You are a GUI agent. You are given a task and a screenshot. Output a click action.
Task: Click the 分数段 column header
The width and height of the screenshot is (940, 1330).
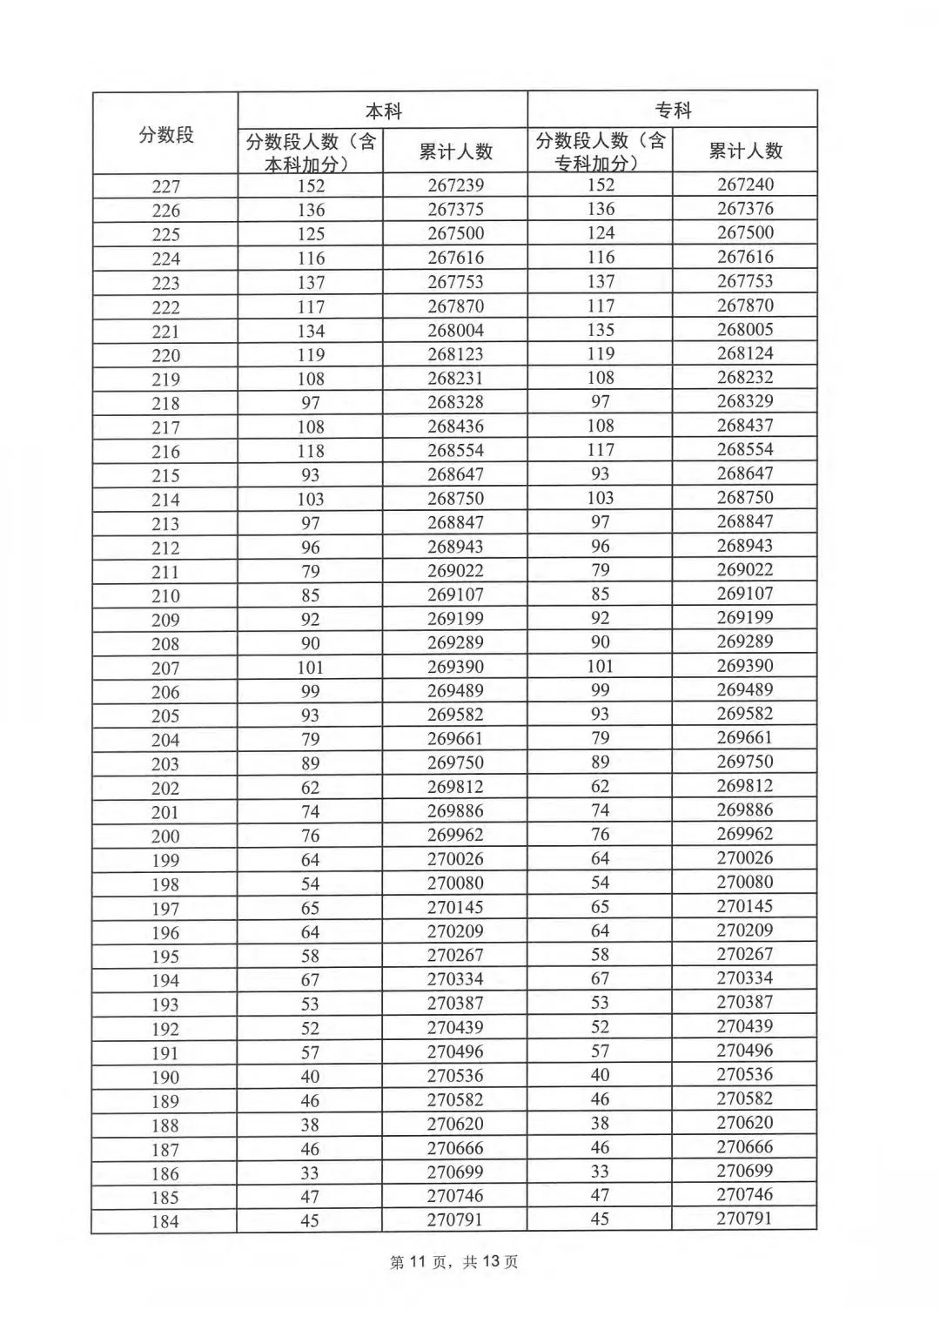coord(165,134)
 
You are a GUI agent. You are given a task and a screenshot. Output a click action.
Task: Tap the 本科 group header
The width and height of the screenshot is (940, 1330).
coord(383,111)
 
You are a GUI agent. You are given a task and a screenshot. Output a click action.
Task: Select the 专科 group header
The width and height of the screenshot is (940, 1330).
coord(673,110)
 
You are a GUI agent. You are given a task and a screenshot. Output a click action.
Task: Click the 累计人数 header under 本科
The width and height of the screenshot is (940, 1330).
coord(455,151)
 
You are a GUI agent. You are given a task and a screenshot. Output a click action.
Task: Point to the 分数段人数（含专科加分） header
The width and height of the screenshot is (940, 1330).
coord(600,151)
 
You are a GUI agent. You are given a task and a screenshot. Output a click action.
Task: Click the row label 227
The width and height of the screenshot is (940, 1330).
coord(165,186)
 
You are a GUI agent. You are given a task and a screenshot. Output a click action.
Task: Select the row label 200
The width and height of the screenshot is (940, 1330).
coord(165,836)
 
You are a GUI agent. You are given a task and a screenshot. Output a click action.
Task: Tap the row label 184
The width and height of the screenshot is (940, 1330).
coord(164,1221)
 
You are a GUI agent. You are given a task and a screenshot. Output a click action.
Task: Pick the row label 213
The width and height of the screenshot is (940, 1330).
coord(165,524)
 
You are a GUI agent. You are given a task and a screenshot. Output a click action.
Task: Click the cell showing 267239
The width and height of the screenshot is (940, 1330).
coord(455,185)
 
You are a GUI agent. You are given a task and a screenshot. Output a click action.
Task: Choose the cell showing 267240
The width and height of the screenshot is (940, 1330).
coord(745,185)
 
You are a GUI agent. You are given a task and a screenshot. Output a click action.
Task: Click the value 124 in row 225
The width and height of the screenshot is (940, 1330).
coord(600,233)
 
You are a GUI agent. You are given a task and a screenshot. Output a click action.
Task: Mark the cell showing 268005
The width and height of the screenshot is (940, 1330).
coord(745,329)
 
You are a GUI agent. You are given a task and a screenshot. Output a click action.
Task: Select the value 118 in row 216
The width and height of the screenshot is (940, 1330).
coord(310,451)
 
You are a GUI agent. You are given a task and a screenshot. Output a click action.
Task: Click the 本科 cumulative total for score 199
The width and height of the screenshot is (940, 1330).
coord(455,859)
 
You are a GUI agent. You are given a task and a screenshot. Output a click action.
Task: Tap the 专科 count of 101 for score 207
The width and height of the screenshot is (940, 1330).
coord(600,666)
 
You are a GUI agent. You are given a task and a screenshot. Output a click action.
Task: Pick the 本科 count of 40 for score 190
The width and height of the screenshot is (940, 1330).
coord(310,1076)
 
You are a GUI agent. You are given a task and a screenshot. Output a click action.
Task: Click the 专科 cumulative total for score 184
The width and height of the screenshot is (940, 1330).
coord(745,1219)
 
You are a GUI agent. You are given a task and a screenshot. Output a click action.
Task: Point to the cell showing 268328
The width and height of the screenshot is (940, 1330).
coord(455,402)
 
